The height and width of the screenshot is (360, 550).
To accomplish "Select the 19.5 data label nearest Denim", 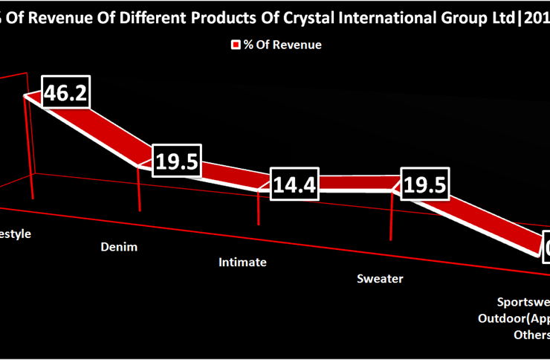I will point(177,160).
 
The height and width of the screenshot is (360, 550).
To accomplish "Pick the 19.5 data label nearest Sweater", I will point(424,184).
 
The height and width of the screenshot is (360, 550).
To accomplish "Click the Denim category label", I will point(119,247).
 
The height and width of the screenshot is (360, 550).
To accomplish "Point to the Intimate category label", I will point(242,262).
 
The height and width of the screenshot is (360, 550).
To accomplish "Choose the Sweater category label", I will point(380,279).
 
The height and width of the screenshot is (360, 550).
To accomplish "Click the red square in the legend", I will point(236,45).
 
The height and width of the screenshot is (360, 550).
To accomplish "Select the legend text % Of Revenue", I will point(282,45).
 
